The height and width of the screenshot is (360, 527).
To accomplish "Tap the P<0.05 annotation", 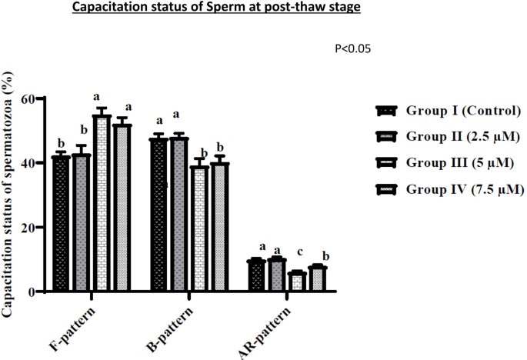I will (x=353, y=48).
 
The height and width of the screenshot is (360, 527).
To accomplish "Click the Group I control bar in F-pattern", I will (x=62, y=224).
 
